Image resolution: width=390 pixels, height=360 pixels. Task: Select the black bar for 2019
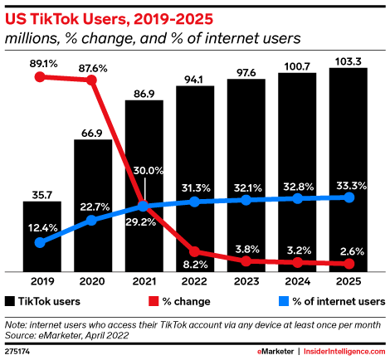41,236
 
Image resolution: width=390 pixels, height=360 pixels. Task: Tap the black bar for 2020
92,205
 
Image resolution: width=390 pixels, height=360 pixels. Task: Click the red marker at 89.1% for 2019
41,77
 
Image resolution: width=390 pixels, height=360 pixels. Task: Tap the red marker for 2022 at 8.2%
195,250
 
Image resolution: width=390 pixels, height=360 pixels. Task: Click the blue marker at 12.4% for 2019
41,242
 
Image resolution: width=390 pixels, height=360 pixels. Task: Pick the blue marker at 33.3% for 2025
349,197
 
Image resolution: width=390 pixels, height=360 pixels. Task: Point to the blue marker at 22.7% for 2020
92,220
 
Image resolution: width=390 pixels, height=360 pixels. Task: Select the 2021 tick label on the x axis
144,280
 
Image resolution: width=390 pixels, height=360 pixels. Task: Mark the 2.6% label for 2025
349,251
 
